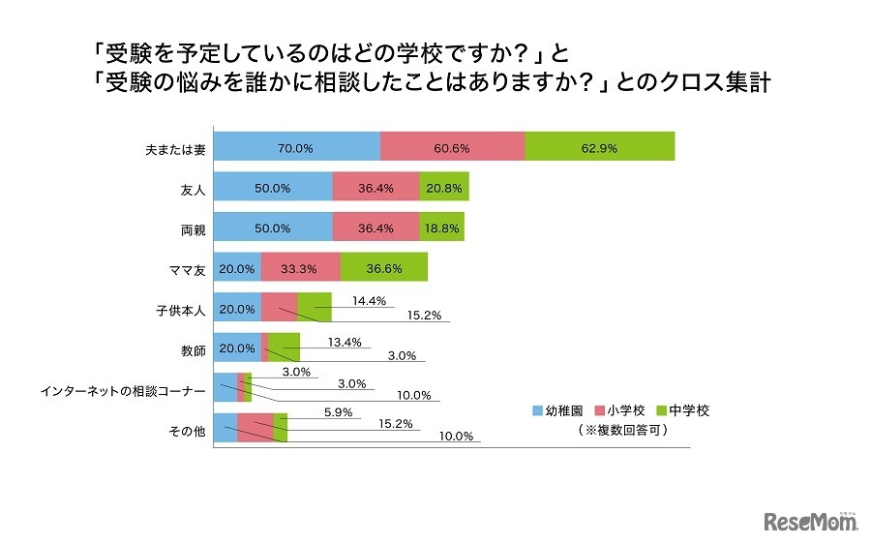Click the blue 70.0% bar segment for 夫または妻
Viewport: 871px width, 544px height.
[296, 146]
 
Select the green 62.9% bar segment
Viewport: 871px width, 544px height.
[599, 146]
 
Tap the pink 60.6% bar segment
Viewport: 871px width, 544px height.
[452, 146]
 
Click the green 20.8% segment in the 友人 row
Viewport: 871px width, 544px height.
[444, 187]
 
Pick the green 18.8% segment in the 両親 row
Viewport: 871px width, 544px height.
[441, 227]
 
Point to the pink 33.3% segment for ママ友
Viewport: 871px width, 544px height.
[300, 268]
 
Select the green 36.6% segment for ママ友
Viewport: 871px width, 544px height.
[383, 268]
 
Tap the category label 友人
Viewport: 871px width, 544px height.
[193, 189]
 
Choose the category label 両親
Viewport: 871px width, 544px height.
[193, 229]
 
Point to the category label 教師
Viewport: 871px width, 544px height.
[193, 350]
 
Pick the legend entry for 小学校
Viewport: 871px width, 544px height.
[619, 410]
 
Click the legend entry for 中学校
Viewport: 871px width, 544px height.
[681, 410]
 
